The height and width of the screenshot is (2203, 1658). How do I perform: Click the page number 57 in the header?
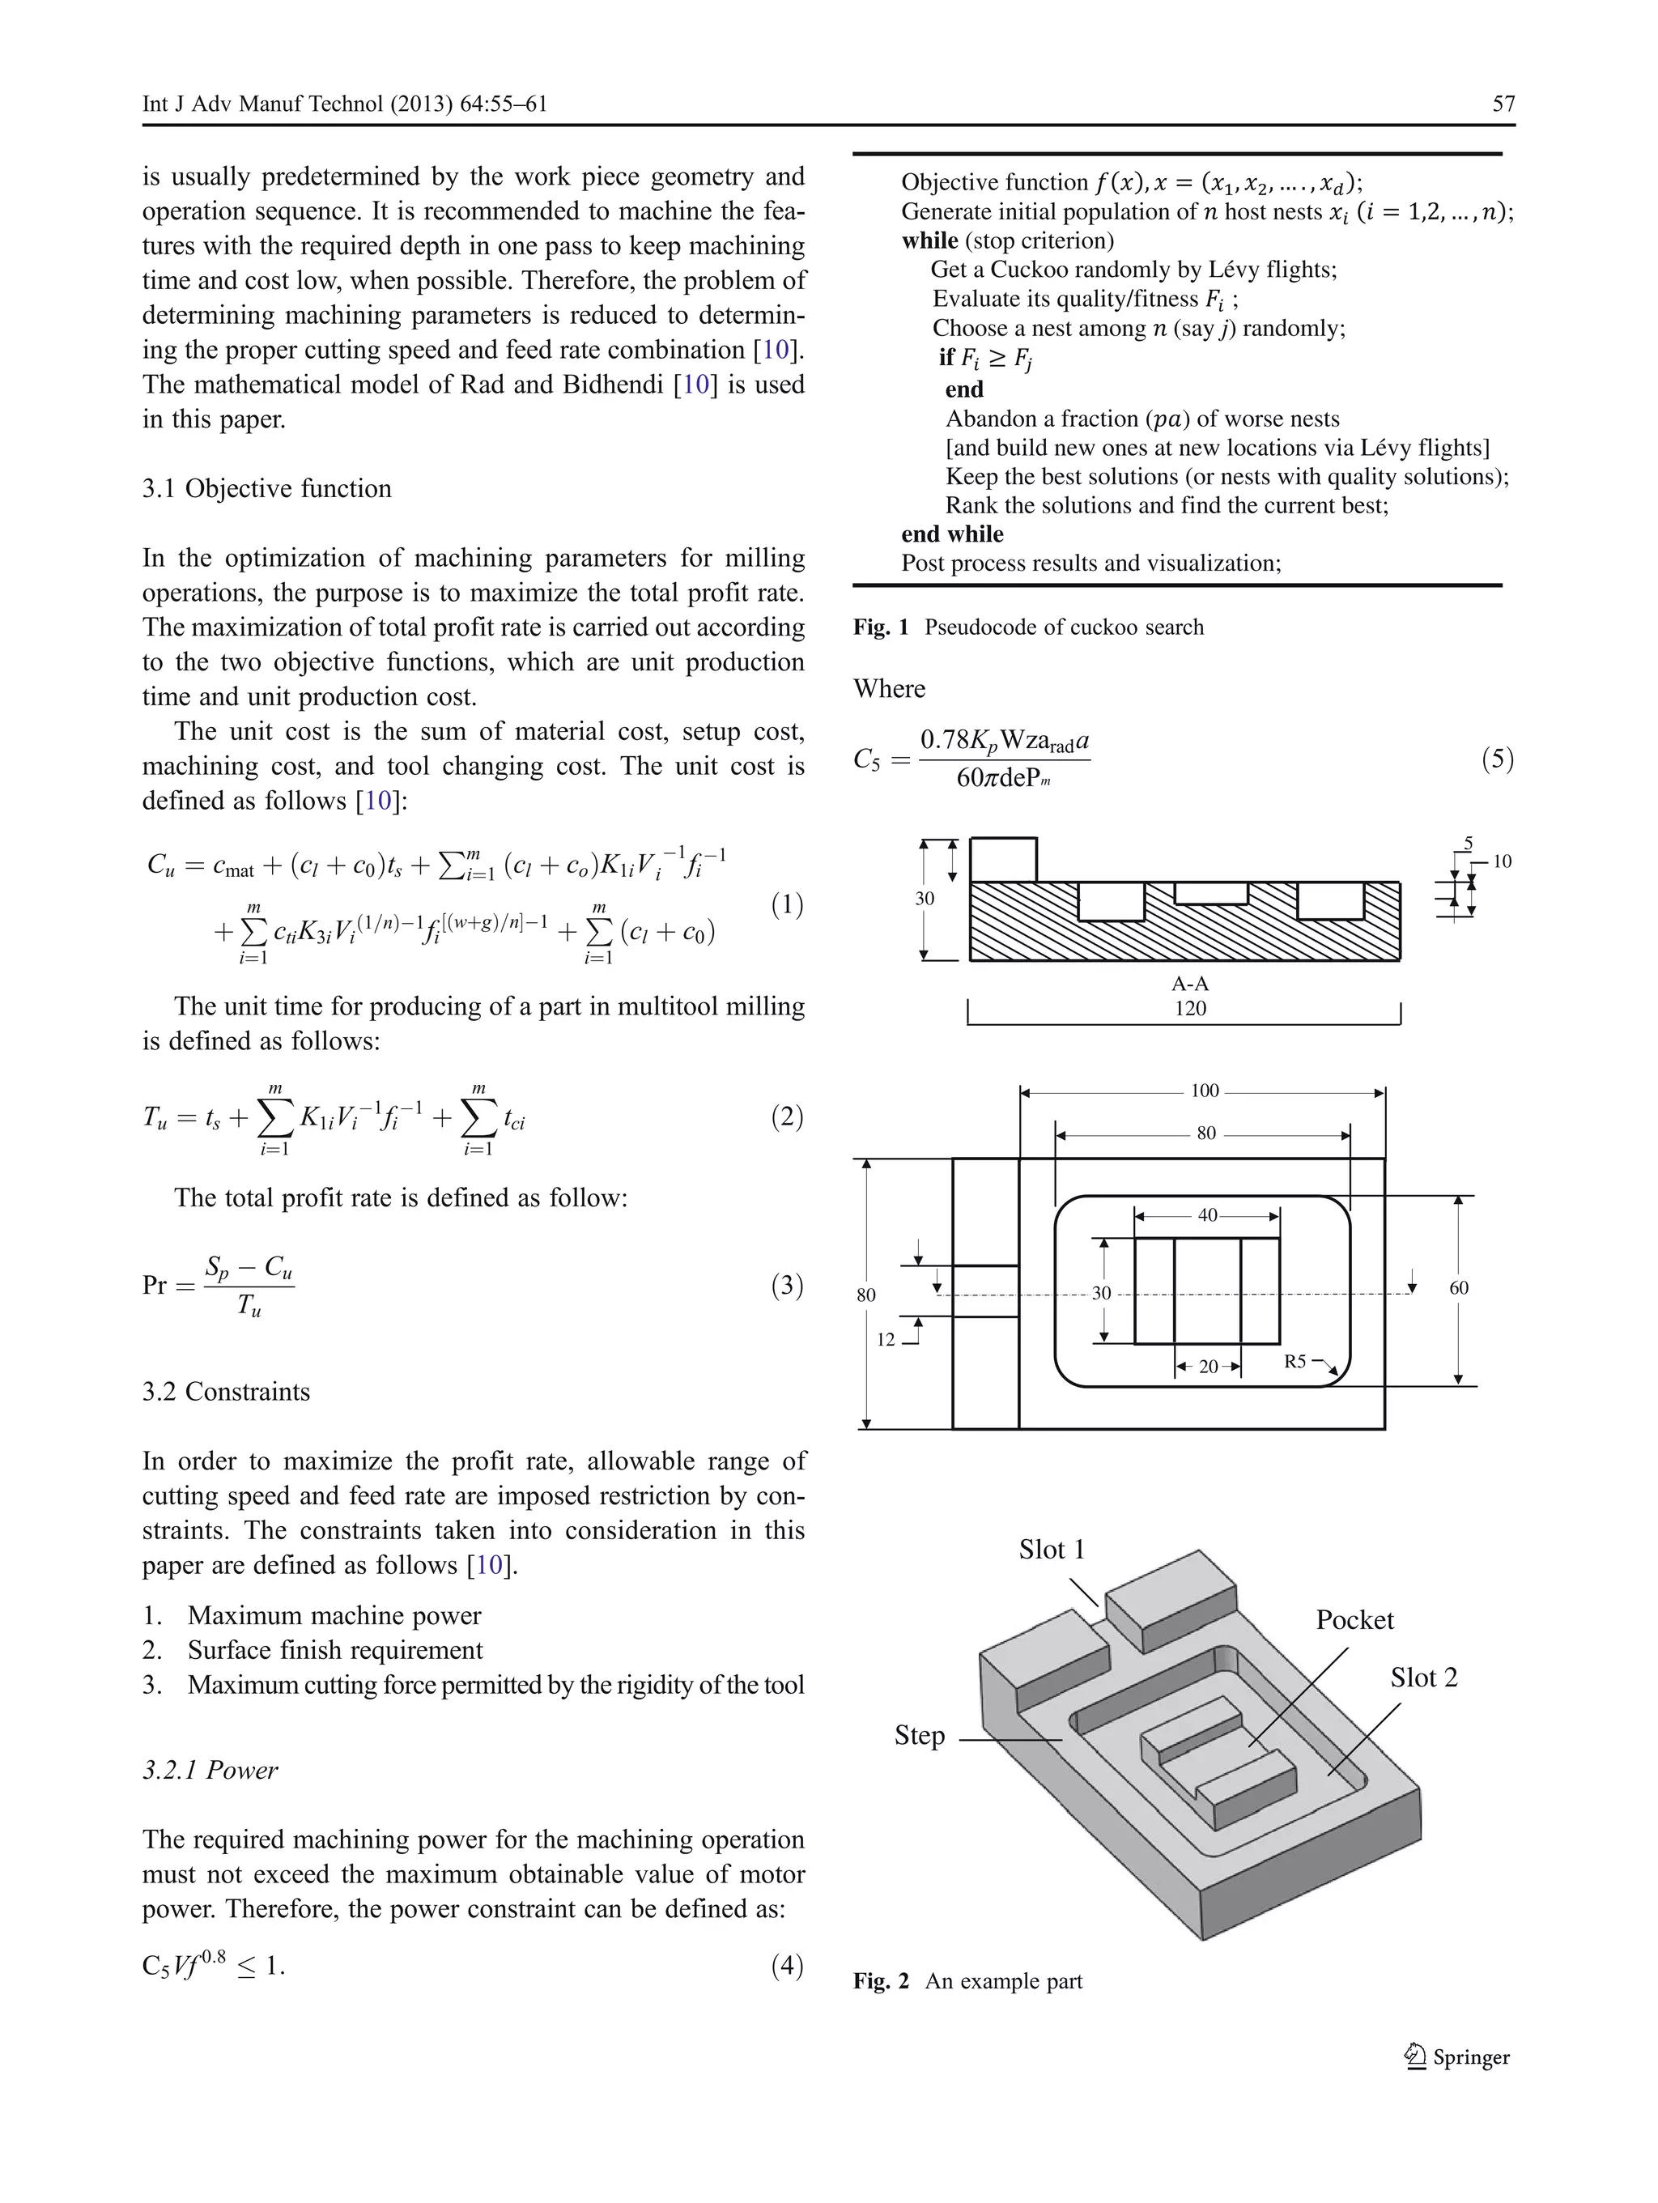click(1503, 104)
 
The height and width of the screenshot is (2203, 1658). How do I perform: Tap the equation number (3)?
click(787, 1285)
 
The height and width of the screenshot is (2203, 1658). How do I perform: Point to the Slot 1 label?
click(1051, 1550)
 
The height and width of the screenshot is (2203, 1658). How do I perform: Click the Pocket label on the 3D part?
click(1354, 1620)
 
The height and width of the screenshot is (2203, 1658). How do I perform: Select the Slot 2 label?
click(1423, 1678)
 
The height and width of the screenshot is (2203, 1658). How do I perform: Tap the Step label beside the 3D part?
click(919, 1735)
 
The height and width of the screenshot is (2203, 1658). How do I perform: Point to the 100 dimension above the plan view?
click(1204, 1091)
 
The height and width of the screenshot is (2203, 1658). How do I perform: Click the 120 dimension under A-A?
click(1190, 1008)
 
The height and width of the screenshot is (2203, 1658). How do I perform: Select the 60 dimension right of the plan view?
click(1458, 1288)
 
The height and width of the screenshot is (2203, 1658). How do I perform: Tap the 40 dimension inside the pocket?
click(1207, 1215)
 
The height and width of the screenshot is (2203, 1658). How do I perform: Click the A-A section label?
click(1190, 984)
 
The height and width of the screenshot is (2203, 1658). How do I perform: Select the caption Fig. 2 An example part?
click(967, 1981)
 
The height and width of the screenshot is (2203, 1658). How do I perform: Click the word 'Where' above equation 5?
click(889, 689)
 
